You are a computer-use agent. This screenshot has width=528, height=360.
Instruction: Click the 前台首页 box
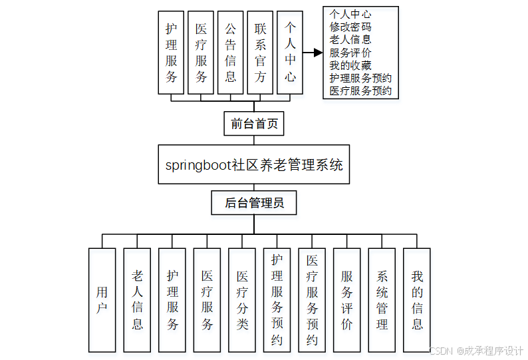pos(254,124)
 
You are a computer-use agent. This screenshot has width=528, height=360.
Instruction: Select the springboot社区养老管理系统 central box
pos(254,164)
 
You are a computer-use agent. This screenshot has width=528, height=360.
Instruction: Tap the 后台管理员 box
pos(254,203)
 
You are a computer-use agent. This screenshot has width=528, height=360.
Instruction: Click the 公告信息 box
pos(231,53)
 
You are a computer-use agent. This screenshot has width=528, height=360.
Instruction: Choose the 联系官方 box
pos(260,53)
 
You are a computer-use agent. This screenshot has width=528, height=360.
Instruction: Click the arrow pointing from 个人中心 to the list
pos(312,53)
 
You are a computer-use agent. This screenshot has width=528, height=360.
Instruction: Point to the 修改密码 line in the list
pos(350,27)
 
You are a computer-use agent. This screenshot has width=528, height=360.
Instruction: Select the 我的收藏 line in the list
pos(350,65)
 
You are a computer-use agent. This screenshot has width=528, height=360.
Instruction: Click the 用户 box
pos(102,300)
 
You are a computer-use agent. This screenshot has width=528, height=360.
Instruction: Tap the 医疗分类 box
pos(242,300)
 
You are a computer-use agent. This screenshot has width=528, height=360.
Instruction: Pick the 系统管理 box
pos(382,300)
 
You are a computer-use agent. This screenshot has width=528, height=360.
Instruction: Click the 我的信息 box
pos(417,300)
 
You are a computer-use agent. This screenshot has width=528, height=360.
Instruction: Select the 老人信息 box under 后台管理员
pos(137,300)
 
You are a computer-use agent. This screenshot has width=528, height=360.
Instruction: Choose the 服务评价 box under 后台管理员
pos(346,300)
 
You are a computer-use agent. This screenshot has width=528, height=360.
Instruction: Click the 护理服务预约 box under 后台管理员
pos(277,300)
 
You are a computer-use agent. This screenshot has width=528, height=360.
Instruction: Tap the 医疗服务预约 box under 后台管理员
pos(312,300)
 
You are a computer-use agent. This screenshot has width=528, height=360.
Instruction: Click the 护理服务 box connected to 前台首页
pos(172,53)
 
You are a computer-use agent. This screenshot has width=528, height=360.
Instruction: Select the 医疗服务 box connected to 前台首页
pos(201,53)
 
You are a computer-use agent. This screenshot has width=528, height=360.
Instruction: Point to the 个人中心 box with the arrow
pos(290,53)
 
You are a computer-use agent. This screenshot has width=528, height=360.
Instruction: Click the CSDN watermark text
pos(476,351)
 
